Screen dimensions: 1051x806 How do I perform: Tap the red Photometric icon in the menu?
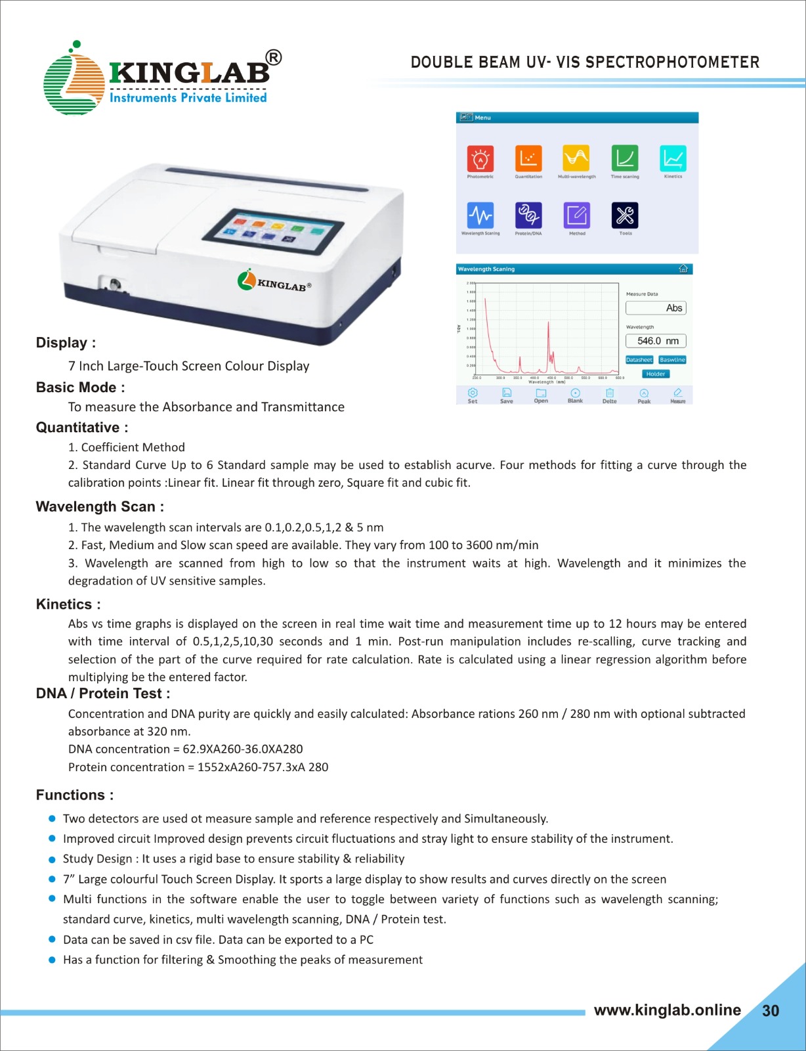[x=480, y=158]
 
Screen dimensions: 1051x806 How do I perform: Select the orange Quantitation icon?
[x=528, y=158]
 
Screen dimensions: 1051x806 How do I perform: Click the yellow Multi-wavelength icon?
[x=576, y=158]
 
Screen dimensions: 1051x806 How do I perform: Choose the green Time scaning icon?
[x=625, y=158]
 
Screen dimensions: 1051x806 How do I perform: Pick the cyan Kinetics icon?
[x=673, y=158]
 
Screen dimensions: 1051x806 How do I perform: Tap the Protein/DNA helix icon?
[x=528, y=215]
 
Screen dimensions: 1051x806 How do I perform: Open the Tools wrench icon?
[x=625, y=215]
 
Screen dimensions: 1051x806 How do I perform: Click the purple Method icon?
[x=576, y=215]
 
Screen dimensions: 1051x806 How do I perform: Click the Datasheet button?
[x=639, y=360]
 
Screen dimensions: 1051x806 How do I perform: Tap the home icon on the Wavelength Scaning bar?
[x=683, y=269]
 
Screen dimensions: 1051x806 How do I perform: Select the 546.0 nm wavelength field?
[x=656, y=341]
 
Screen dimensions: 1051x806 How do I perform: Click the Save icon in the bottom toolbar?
[x=507, y=395]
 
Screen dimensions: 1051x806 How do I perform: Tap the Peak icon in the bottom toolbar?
[x=644, y=395]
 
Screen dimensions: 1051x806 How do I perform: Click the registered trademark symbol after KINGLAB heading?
[x=274, y=58]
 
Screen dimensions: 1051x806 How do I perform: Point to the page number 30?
[x=771, y=1011]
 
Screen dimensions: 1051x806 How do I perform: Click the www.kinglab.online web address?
[x=667, y=1010]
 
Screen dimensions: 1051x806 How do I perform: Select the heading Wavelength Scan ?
[x=100, y=506]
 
